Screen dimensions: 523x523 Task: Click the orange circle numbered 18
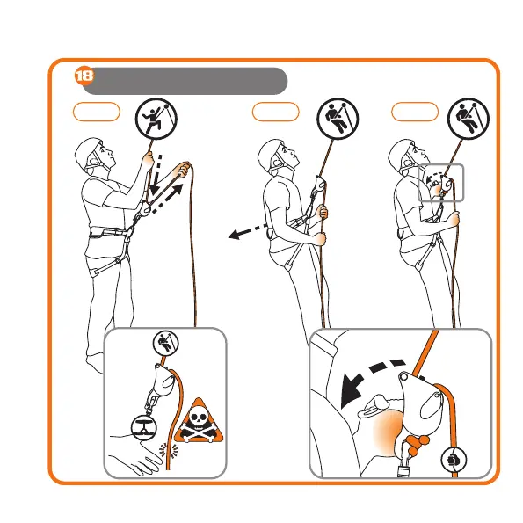click(x=84, y=76)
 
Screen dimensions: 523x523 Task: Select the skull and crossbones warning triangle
click(x=199, y=422)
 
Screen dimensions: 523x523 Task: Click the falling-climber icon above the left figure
click(x=156, y=119)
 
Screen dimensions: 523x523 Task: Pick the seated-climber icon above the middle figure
click(x=338, y=119)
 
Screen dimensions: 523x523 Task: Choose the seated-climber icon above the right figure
click(x=469, y=119)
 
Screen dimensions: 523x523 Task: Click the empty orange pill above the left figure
click(x=97, y=112)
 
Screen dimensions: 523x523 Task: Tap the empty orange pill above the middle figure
click(x=275, y=112)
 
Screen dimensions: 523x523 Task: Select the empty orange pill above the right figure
click(x=415, y=112)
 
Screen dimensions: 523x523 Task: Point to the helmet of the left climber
click(x=87, y=153)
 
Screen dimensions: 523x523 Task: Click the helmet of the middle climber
click(x=271, y=155)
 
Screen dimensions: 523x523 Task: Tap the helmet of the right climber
click(x=401, y=155)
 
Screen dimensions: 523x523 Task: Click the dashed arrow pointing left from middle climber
click(x=249, y=231)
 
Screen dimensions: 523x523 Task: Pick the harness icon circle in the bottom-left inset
click(x=144, y=427)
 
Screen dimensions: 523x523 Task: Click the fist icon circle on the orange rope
click(x=454, y=460)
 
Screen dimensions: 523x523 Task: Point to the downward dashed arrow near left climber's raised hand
click(x=156, y=175)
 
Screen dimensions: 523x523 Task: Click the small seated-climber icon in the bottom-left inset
click(x=166, y=344)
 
